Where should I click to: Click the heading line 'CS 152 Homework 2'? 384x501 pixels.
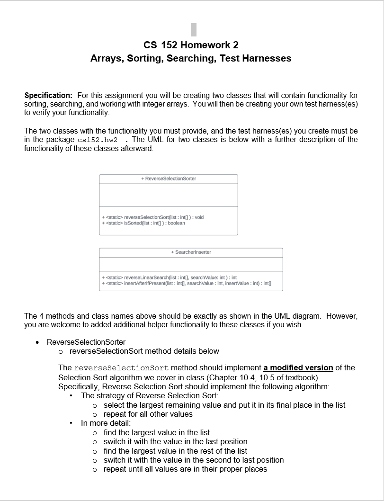point(191,45)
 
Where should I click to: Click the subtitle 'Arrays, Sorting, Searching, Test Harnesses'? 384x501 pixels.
point(191,58)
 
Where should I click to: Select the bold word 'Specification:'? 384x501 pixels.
point(48,96)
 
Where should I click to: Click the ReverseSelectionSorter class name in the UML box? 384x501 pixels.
point(169,179)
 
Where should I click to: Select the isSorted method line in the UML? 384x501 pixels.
point(143,223)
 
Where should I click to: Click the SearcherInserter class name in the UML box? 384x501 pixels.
point(191,252)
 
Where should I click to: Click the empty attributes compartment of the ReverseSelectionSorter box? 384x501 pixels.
point(169,195)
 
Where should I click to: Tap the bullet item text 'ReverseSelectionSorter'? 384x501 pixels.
point(86,342)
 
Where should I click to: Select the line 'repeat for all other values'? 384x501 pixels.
point(148,414)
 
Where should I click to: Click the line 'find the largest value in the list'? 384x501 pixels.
point(157,432)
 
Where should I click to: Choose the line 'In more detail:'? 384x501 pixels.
point(106,423)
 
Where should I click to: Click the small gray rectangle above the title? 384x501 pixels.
point(194,29)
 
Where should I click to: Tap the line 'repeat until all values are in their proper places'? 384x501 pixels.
point(185,469)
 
